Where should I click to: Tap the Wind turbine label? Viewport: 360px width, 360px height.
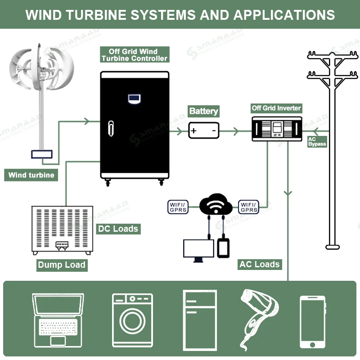[x=31, y=175]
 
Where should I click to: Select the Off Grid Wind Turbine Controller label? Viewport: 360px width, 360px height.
[x=134, y=55]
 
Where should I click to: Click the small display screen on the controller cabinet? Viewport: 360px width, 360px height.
[x=135, y=98]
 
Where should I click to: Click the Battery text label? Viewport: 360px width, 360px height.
[x=203, y=111]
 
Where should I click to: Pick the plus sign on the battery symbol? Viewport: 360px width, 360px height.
[x=194, y=131]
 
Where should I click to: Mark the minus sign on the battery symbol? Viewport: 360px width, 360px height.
[x=214, y=131]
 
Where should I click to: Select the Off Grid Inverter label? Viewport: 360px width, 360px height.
[x=276, y=108]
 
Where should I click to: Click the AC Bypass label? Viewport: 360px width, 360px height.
[x=317, y=142]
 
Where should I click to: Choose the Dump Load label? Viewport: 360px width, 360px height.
[x=62, y=265]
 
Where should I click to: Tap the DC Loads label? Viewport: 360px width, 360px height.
[x=118, y=229]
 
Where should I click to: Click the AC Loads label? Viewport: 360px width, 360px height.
[x=260, y=264]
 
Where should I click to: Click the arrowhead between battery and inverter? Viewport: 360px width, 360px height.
[x=235, y=131]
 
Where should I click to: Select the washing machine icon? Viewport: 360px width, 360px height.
[x=132, y=320]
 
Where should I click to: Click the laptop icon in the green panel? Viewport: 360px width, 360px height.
[x=58, y=320]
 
